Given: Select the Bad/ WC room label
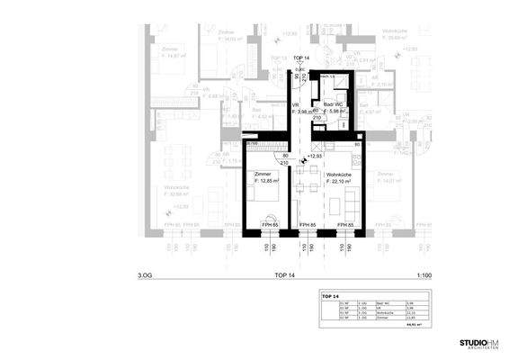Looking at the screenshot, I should [x=335, y=103].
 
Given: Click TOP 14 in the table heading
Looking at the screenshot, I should [x=329, y=296].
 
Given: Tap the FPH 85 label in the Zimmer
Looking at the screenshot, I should [x=268, y=223].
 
